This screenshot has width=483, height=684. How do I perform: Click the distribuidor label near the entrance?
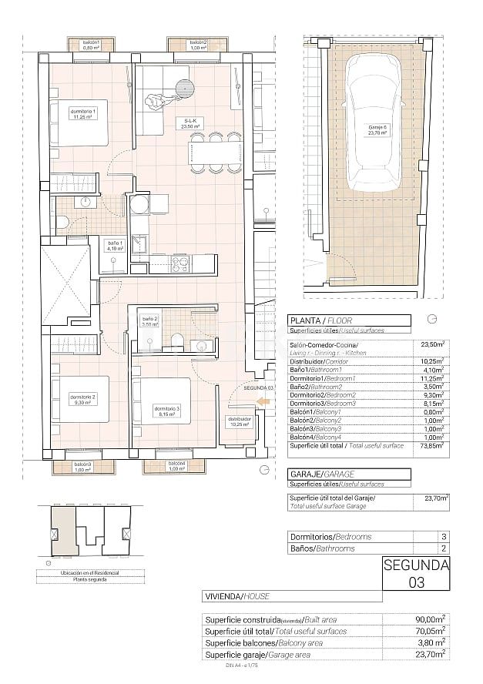pos(240,421)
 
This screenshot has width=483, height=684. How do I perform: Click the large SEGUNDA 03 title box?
pos(416,574)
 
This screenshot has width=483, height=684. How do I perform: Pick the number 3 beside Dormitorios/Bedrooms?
pos(443,536)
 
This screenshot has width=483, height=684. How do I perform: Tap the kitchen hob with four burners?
pos(179,264)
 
